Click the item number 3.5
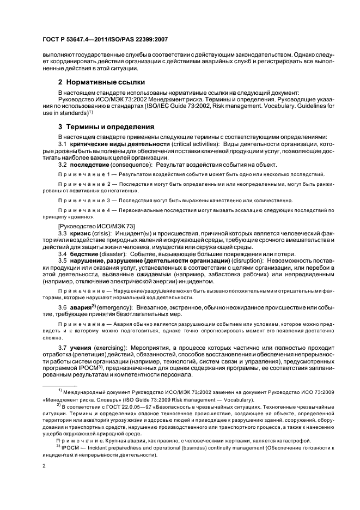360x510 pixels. pyautogui.click(x=63, y=262)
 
